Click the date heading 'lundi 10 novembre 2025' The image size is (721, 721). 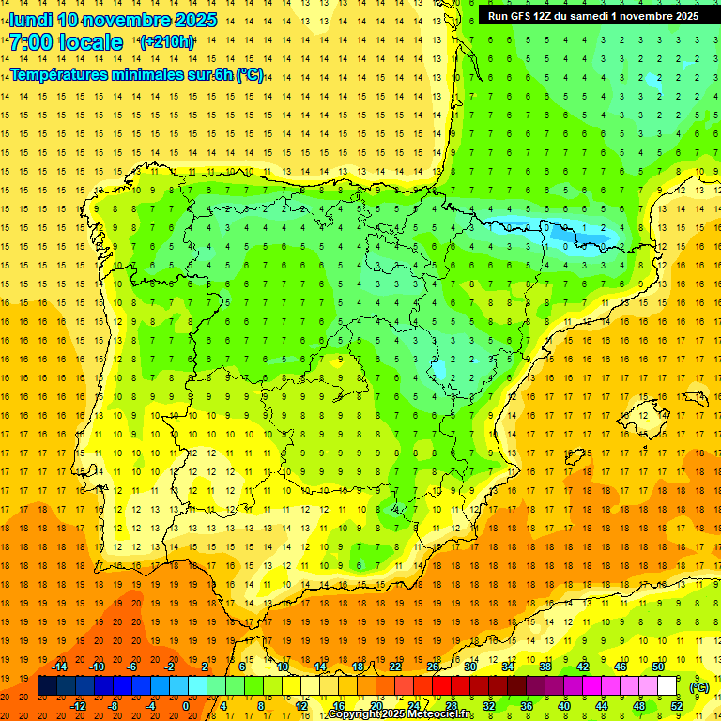coord(113,20)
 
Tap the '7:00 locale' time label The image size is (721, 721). coord(66,42)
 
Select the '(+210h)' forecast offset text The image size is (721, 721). coord(167,42)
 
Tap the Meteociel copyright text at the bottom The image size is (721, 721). coord(401,714)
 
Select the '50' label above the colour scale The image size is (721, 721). coord(657,667)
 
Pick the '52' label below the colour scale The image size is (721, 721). coord(676,706)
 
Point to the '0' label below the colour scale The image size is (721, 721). coord(186,706)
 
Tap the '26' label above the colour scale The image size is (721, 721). coord(432,667)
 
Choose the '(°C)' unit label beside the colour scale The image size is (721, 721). coord(699,686)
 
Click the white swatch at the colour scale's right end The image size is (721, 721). coord(667,686)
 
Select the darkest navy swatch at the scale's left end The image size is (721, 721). coord(47,686)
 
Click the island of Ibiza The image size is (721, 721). coord(575,457)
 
